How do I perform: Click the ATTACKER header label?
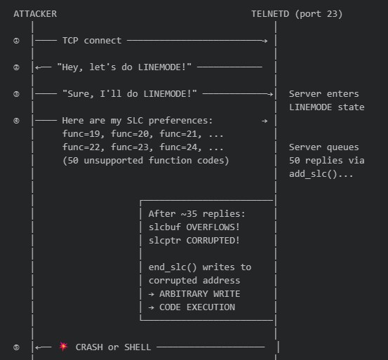[35, 14]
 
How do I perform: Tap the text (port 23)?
[320, 14]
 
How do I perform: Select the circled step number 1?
[16, 41]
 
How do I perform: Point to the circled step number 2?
[16, 67]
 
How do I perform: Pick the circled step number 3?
[16, 94]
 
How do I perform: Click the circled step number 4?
[16, 121]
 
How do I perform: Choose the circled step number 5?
[16, 347]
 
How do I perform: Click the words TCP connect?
[91, 41]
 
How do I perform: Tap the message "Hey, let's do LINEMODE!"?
[125, 67]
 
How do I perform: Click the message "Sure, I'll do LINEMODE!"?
[130, 94]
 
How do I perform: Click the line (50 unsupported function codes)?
[145, 161]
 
